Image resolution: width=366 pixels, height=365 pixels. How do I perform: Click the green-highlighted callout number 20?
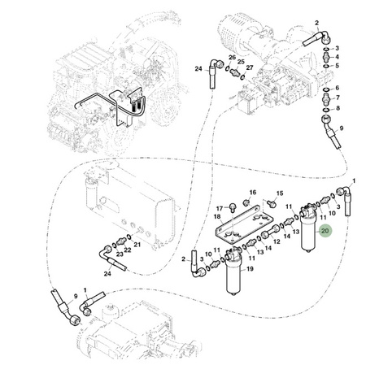[325, 231]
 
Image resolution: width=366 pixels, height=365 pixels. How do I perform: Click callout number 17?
[220, 209]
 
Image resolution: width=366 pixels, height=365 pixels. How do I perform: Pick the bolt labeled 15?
[271, 203]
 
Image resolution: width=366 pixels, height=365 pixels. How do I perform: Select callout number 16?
[253, 193]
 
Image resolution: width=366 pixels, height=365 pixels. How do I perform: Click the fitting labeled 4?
[327, 58]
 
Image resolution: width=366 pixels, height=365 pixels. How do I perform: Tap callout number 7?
[338, 98]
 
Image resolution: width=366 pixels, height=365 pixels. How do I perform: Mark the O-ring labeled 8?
[326, 110]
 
